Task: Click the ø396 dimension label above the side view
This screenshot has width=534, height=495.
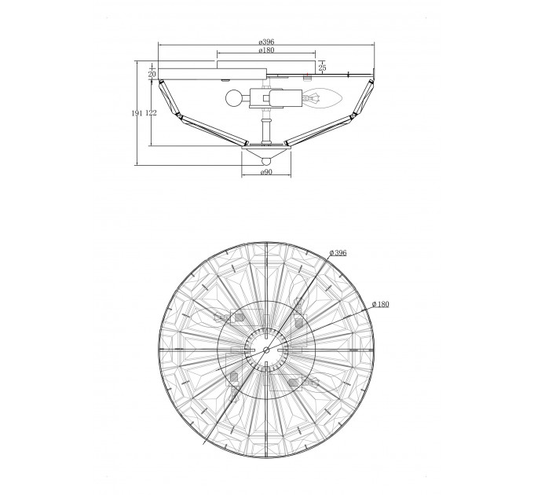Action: click(x=266, y=42)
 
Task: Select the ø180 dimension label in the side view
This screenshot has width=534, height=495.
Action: click(x=266, y=50)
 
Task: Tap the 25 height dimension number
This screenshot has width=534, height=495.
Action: click(x=322, y=68)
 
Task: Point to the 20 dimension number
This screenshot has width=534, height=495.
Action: click(x=152, y=74)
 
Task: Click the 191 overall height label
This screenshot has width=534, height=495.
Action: click(x=137, y=113)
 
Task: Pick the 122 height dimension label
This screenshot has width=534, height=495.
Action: click(x=151, y=113)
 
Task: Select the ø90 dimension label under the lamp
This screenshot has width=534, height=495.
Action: click(x=266, y=172)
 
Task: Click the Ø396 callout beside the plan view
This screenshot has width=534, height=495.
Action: click(x=338, y=253)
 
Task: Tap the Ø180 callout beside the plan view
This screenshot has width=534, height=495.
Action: click(x=381, y=304)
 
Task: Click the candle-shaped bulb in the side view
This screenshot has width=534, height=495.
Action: click(x=322, y=98)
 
